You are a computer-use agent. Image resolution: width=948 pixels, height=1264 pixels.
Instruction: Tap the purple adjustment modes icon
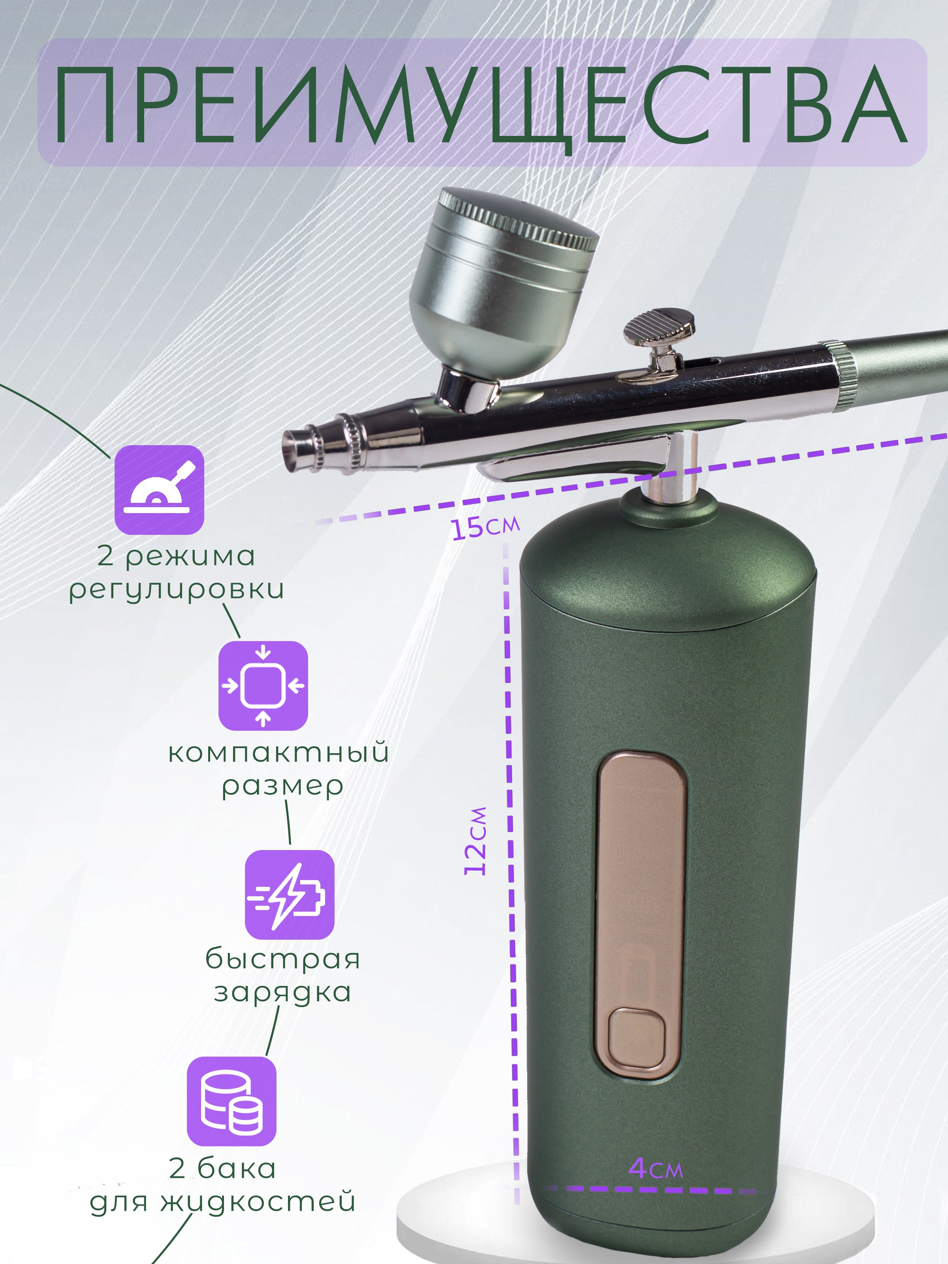point(160,490)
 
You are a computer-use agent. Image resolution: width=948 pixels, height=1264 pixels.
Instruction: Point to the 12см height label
point(476,841)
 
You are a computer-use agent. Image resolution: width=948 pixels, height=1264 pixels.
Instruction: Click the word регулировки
point(177,590)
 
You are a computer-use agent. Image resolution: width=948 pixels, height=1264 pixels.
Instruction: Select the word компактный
point(279,752)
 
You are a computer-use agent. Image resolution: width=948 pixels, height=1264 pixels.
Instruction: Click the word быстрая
point(283,959)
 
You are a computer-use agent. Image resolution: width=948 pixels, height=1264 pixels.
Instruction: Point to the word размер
point(283,786)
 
